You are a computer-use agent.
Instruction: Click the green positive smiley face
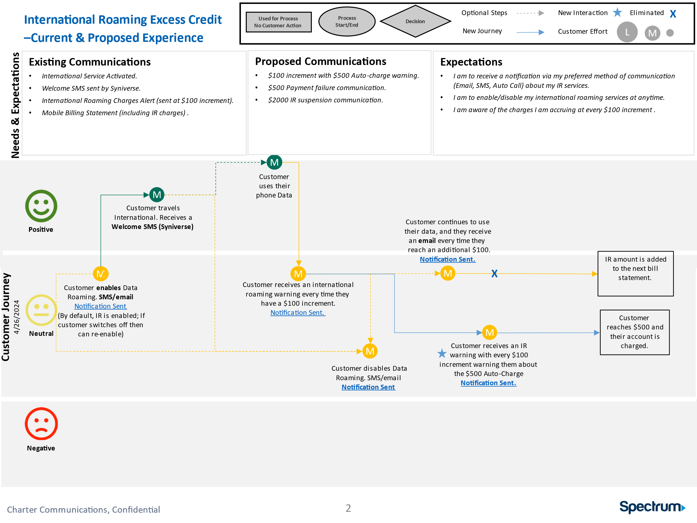[41, 206]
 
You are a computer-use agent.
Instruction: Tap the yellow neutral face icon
[41, 310]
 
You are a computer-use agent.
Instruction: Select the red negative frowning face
[41, 423]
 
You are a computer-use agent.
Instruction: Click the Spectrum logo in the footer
[652, 507]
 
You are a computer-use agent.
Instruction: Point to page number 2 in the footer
[348, 508]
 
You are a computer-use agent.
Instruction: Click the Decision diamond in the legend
[415, 21]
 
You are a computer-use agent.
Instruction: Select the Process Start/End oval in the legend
[347, 21]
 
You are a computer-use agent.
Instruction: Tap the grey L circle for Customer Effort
[627, 32]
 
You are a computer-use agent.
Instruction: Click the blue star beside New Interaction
[617, 13]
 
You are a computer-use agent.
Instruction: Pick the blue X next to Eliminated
[673, 14]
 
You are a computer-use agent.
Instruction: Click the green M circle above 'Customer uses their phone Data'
[274, 162]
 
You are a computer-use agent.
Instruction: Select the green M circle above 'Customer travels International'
[157, 195]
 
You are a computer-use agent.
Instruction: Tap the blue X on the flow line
[494, 273]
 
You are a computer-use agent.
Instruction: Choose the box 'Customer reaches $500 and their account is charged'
[634, 332]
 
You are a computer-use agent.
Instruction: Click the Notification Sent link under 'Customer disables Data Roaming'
[368, 387]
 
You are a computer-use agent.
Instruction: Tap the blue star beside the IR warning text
[442, 353]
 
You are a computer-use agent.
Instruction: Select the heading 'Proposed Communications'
[320, 61]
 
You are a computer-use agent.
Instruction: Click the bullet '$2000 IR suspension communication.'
[325, 100]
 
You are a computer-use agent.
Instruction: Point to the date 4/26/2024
[17, 317]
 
